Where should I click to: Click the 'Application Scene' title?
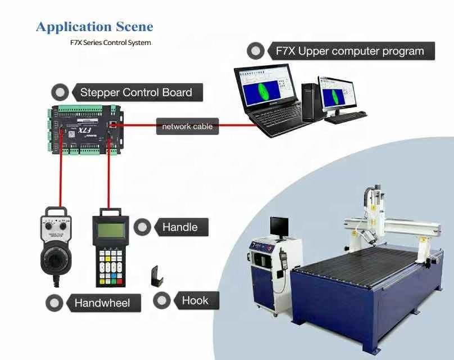tap(94, 26)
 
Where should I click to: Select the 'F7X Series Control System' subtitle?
tap(110, 42)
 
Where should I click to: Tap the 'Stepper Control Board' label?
tap(136, 93)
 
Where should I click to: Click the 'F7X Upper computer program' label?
tap(349, 51)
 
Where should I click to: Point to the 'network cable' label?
tap(187, 127)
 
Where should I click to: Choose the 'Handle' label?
tap(180, 227)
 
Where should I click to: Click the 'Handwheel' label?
tap(102, 303)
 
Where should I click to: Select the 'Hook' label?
tap(195, 300)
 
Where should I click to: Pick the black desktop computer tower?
tap(310, 102)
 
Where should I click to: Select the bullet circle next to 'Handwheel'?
tap(55, 303)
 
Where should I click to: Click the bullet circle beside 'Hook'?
tap(162, 300)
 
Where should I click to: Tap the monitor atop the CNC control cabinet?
tap(279, 226)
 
